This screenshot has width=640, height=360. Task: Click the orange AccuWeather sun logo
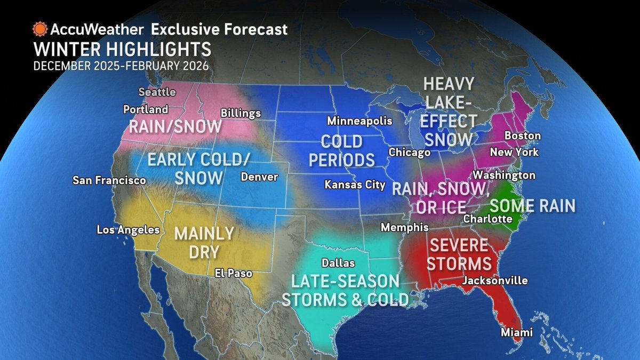click(x=39, y=28)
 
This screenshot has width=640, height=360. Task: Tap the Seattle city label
click(x=157, y=92)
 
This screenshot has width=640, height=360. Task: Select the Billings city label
click(x=241, y=113)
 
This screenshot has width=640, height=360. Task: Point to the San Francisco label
click(x=109, y=181)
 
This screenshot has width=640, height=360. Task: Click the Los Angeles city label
click(x=128, y=230)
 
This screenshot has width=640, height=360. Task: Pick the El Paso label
click(x=234, y=274)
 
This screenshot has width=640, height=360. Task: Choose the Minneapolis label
click(x=360, y=121)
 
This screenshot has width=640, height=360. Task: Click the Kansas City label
click(x=355, y=185)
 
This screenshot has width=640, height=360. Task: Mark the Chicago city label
click(x=410, y=153)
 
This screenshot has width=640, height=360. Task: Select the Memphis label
click(x=404, y=228)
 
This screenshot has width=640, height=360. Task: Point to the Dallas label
click(x=338, y=263)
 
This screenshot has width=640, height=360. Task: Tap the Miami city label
click(x=516, y=333)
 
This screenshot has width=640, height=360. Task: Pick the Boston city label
click(x=522, y=136)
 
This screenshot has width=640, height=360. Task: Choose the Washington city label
click(x=504, y=175)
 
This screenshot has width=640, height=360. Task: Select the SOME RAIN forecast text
click(x=532, y=205)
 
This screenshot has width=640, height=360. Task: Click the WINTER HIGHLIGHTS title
click(x=122, y=50)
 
